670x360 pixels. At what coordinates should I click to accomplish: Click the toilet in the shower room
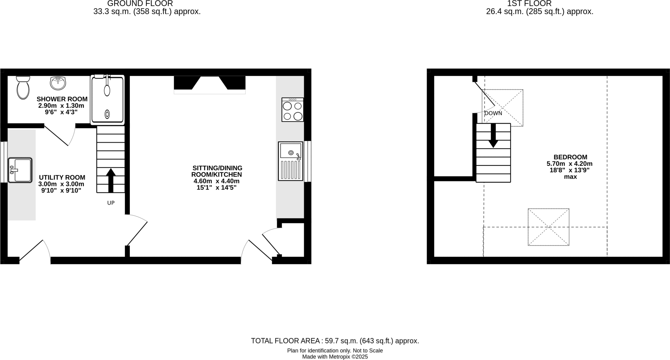[x=23, y=88]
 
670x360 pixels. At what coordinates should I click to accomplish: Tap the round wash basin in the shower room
[x=58, y=83]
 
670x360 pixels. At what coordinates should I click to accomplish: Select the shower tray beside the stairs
[x=107, y=100]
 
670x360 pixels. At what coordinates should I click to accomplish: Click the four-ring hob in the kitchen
[x=292, y=110]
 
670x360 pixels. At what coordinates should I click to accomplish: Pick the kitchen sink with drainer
[x=291, y=161]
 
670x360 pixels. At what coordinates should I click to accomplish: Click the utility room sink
[x=20, y=170]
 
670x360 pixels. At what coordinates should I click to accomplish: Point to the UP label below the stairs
[x=111, y=203]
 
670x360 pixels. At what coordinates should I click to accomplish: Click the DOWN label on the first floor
[x=493, y=113]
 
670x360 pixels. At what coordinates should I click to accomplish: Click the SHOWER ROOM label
[x=62, y=99]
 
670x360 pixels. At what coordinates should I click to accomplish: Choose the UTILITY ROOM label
[x=62, y=178]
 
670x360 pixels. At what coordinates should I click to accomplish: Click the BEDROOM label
[x=570, y=157]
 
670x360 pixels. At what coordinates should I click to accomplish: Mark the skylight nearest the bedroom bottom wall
[x=548, y=227]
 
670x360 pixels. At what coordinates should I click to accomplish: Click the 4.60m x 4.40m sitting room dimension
[x=216, y=181]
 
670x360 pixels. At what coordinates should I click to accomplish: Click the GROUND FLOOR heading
[x=140, y=4]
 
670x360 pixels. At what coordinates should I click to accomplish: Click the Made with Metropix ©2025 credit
[x=335, y=357]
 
